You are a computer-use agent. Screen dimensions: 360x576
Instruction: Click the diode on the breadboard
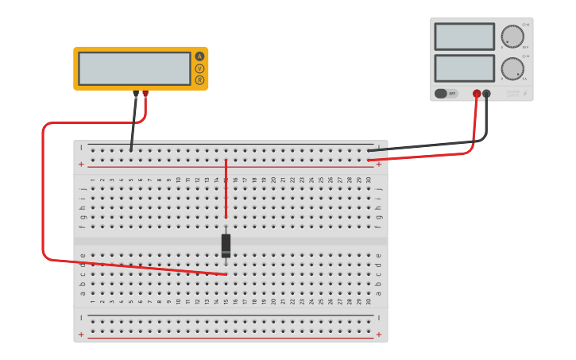(226, 246)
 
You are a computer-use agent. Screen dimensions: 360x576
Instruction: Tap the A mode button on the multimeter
(199, 56)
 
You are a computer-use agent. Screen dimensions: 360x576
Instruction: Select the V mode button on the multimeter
(199, 68)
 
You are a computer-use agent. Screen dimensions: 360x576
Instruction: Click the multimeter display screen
(134, 68)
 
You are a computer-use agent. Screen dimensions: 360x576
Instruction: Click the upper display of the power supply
(464, 37)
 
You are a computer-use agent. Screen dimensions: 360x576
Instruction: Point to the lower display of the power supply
(464, 68)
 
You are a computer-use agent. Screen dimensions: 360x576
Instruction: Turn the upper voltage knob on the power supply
(512, 37)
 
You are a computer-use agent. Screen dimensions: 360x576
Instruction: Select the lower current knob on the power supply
(512, 68)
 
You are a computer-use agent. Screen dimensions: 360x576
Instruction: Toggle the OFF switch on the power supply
(446, 94)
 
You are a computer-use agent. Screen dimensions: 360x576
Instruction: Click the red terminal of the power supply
(477, 94)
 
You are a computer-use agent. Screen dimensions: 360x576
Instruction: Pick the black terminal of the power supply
(486, 94)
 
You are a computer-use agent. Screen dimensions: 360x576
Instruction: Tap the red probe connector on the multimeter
(145, 94)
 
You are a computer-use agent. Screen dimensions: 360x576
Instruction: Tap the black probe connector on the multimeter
(136, 94)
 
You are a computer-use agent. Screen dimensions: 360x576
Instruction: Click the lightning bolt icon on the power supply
(524, 94)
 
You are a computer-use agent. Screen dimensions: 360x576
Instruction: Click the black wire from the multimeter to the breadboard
(133, 123)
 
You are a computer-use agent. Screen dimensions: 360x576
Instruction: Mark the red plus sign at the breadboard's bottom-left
(81, 334)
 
